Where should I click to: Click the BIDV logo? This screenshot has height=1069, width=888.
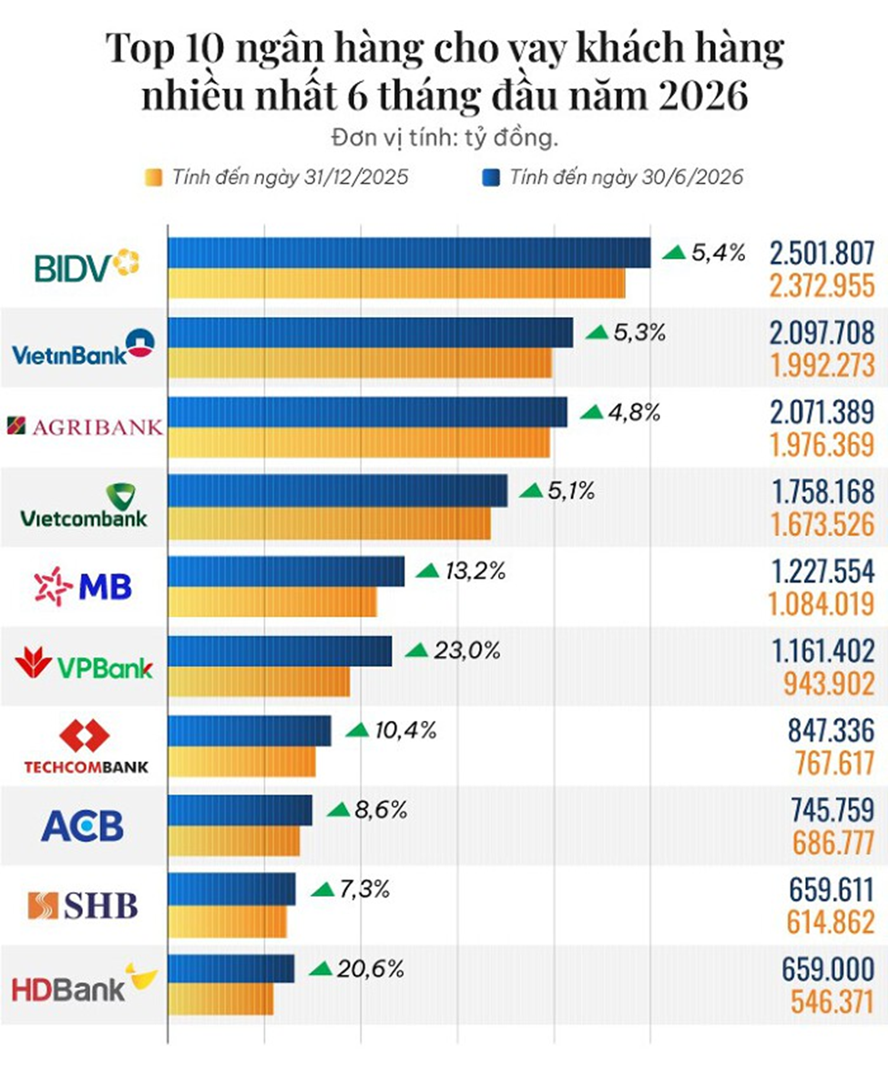coord(87,266)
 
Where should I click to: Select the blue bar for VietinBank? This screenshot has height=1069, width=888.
coord(371,332)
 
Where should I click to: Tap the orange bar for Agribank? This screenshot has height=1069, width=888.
coord(359,443)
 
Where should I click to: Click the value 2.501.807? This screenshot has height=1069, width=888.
coord(822,253)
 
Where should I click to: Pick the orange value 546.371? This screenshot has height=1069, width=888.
coord(832,1002)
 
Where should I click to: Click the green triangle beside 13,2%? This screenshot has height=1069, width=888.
coord(428,570)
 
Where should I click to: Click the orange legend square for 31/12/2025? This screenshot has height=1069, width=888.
coord(153,178)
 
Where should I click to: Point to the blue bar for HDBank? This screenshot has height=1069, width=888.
coord(231,968)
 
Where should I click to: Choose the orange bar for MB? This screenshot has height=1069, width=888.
coord(272,602)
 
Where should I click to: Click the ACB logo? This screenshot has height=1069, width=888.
coord(83,826)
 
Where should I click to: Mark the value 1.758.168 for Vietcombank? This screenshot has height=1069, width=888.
coord(822,491)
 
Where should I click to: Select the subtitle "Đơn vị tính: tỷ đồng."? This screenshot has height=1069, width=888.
coord(445,139)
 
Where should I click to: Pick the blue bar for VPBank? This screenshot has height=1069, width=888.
coord(281,651)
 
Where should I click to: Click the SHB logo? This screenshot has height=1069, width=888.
coord(83,905)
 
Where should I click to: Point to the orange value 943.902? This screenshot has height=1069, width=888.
coord(829,684)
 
